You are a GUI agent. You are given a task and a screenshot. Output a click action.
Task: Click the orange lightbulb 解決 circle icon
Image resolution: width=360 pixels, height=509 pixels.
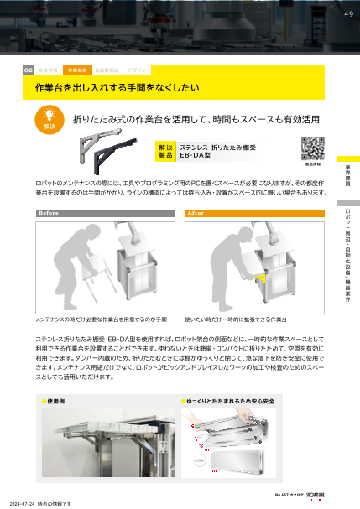[x=48, y=118]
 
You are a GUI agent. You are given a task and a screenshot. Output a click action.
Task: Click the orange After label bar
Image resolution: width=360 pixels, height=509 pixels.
[x=253, y=213]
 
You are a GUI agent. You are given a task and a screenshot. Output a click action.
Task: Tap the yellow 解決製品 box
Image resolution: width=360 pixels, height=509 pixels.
[x=166, y=151]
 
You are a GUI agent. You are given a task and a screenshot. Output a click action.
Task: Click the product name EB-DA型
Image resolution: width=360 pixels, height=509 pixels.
[x=196, y=156]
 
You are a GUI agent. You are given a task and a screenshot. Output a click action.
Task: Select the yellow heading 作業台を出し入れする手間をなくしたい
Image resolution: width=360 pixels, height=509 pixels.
[x=116, y=87]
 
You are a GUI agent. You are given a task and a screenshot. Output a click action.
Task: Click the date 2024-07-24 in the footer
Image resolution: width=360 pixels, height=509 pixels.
[x=24, y=503]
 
